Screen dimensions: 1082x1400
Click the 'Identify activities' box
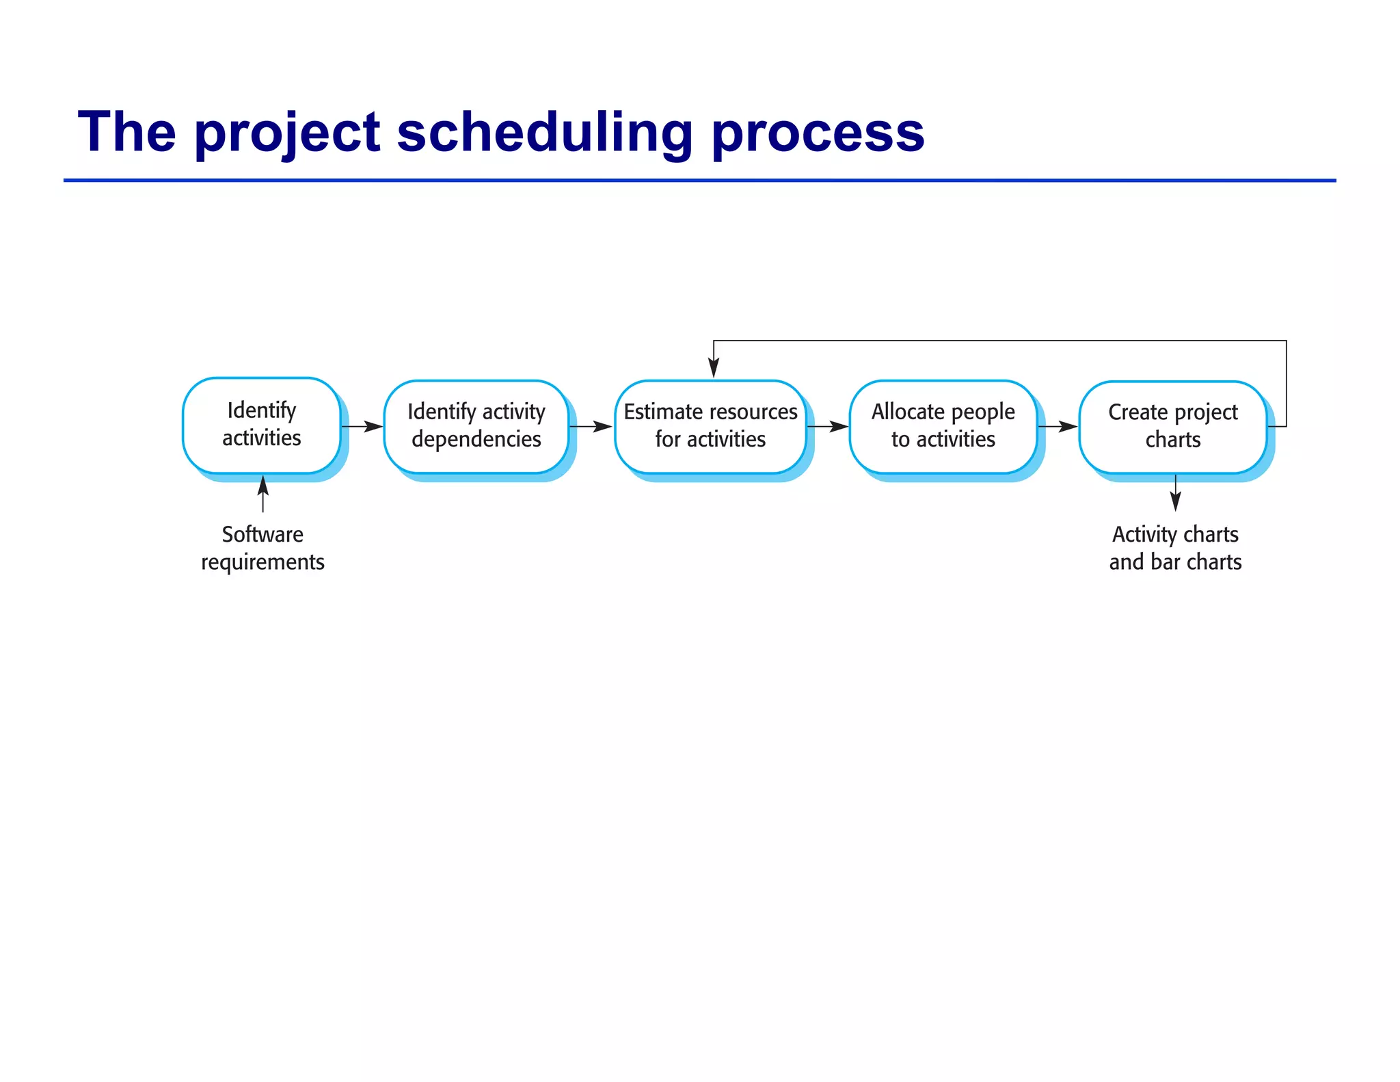[x=261, y=425]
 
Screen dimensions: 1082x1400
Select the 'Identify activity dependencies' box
[x=476, y=426]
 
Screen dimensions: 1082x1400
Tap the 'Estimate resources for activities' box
[x=710, y=426]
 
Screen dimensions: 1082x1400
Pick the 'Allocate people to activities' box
[x=943, y=426]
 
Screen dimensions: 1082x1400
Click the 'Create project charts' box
[x=1172, y=426]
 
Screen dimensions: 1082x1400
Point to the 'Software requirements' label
[x=262, y=548]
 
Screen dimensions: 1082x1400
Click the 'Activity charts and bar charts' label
[x=1175, y=548]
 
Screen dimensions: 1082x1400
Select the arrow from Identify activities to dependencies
[x=362, y=427]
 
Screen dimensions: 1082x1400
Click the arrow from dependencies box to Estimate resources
[x=591, y=427]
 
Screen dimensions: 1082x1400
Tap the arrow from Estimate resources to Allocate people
[x=828, y=427]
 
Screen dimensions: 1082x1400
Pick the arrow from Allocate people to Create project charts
[x=1058, y=427]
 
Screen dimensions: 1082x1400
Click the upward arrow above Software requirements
[x=263, y=493]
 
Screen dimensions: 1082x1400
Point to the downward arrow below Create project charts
[x=1175, y=493]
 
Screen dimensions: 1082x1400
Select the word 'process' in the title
[x=818, y=133]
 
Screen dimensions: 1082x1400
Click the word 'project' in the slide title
[x=287, y=133]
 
